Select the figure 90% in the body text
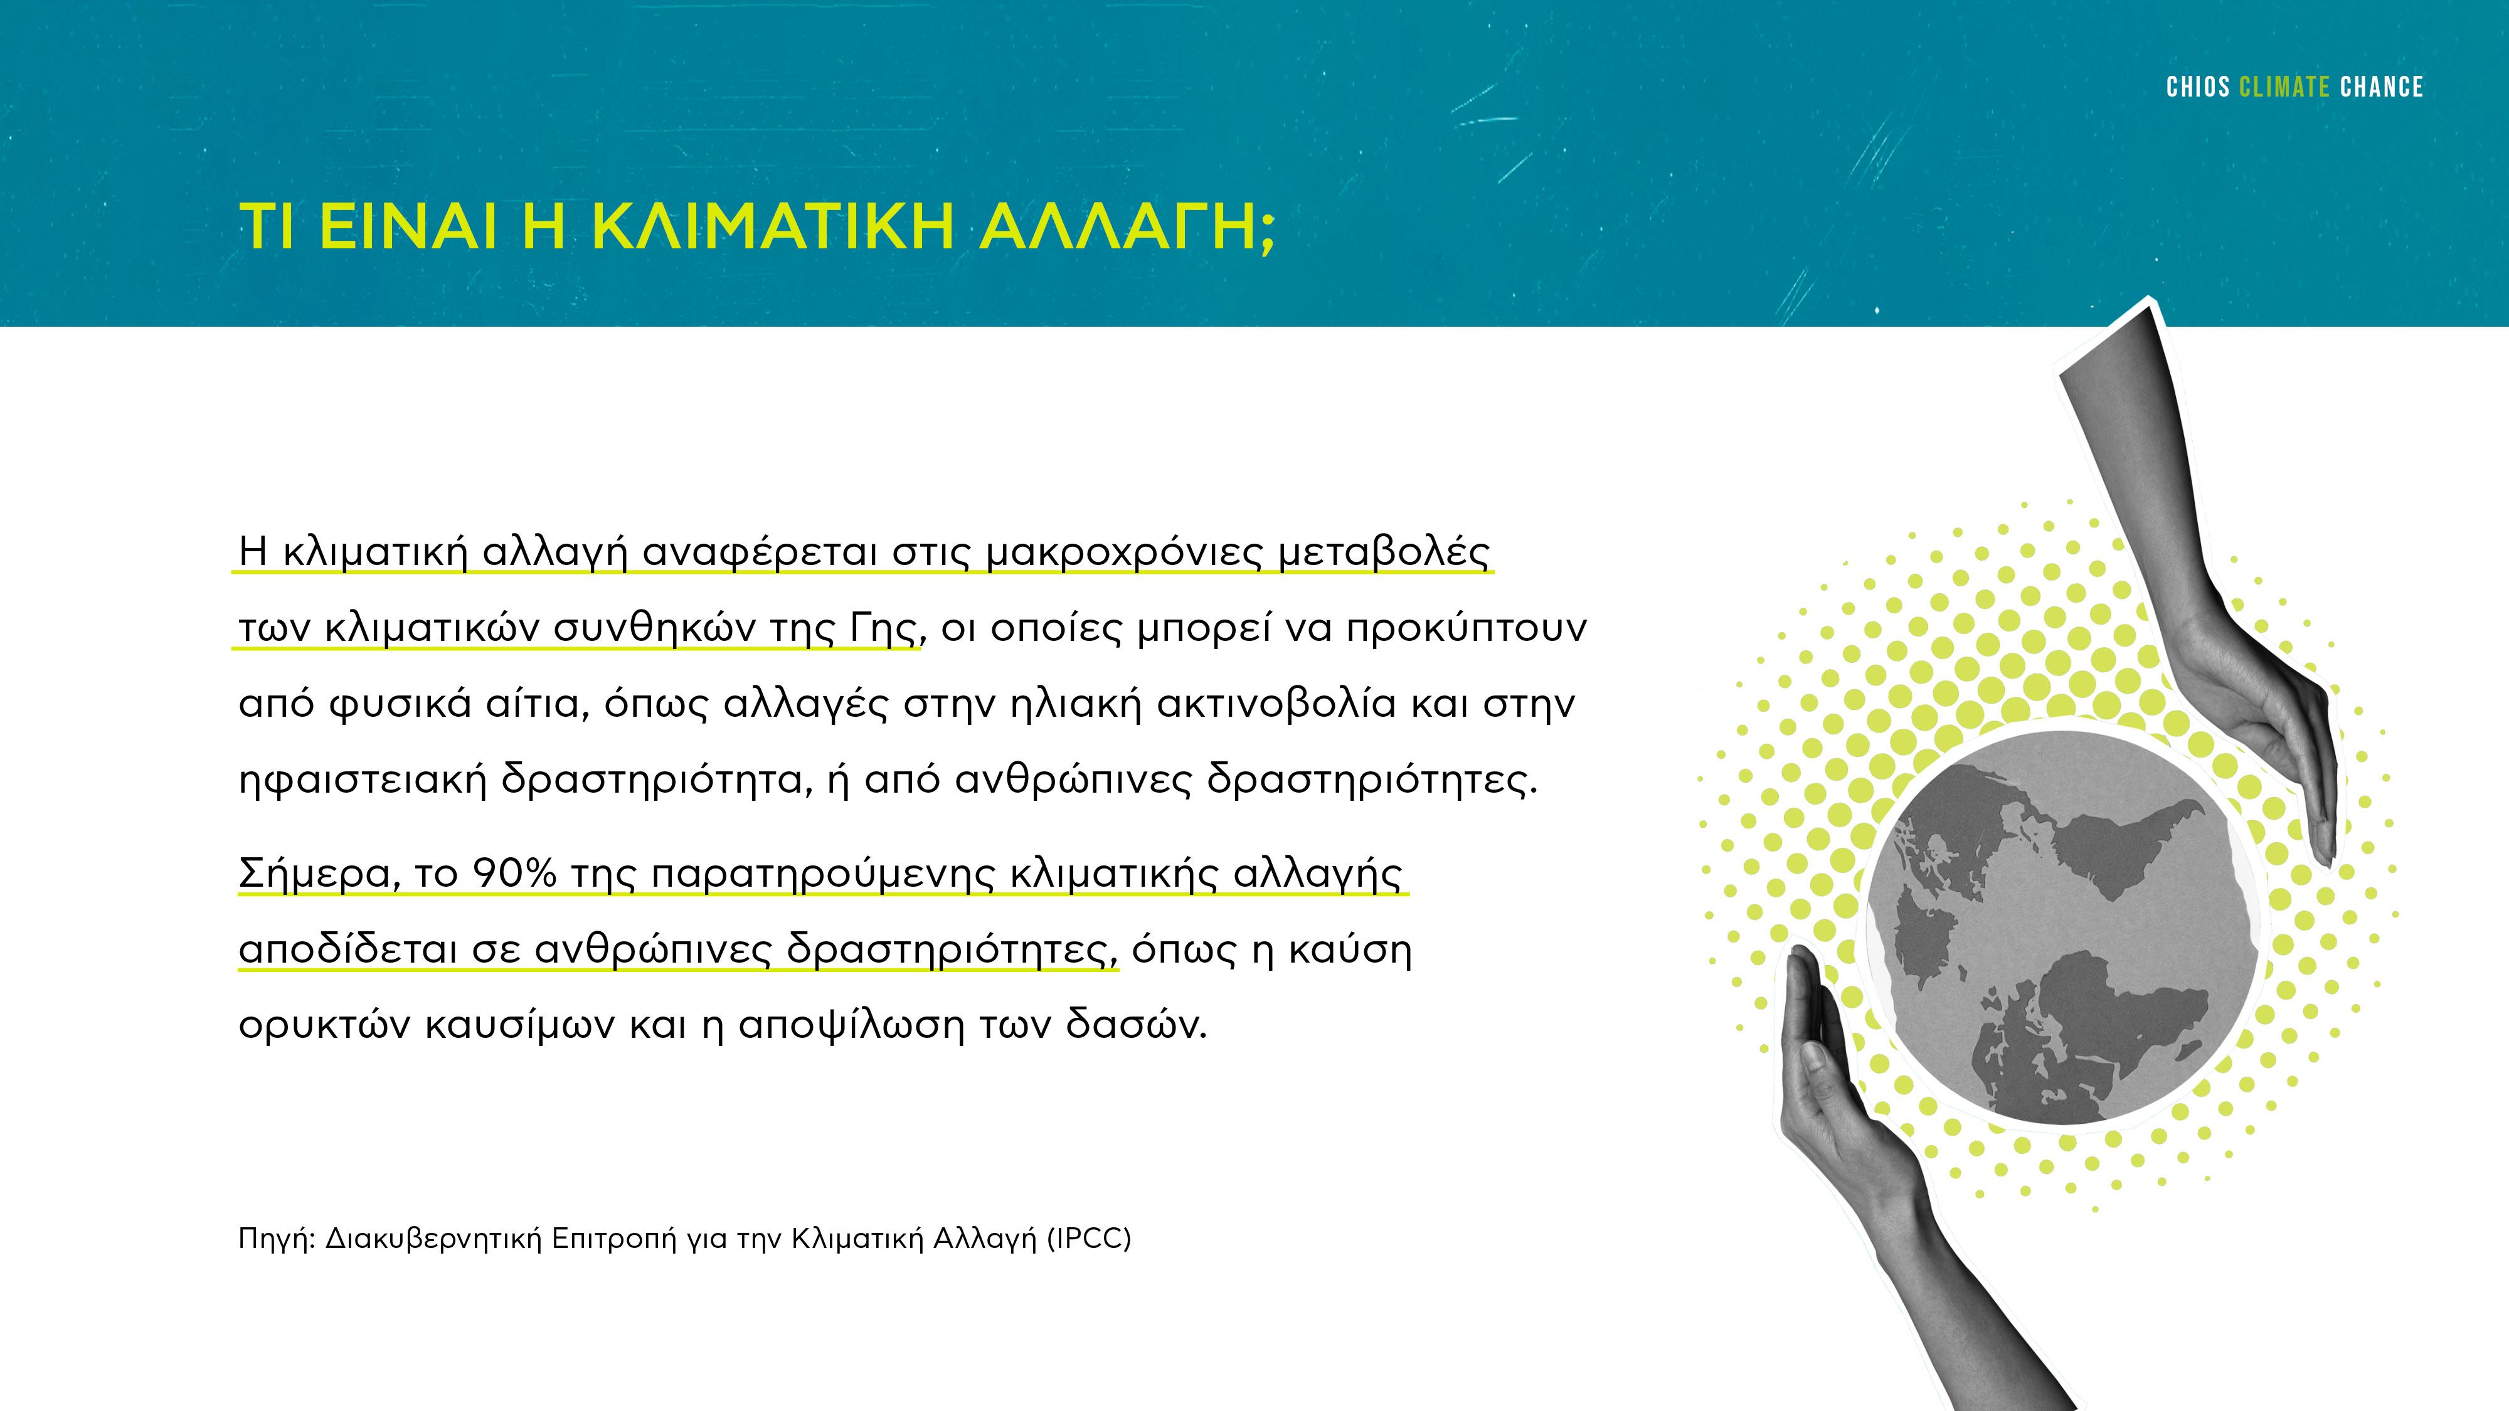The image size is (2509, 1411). pos(513,874)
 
